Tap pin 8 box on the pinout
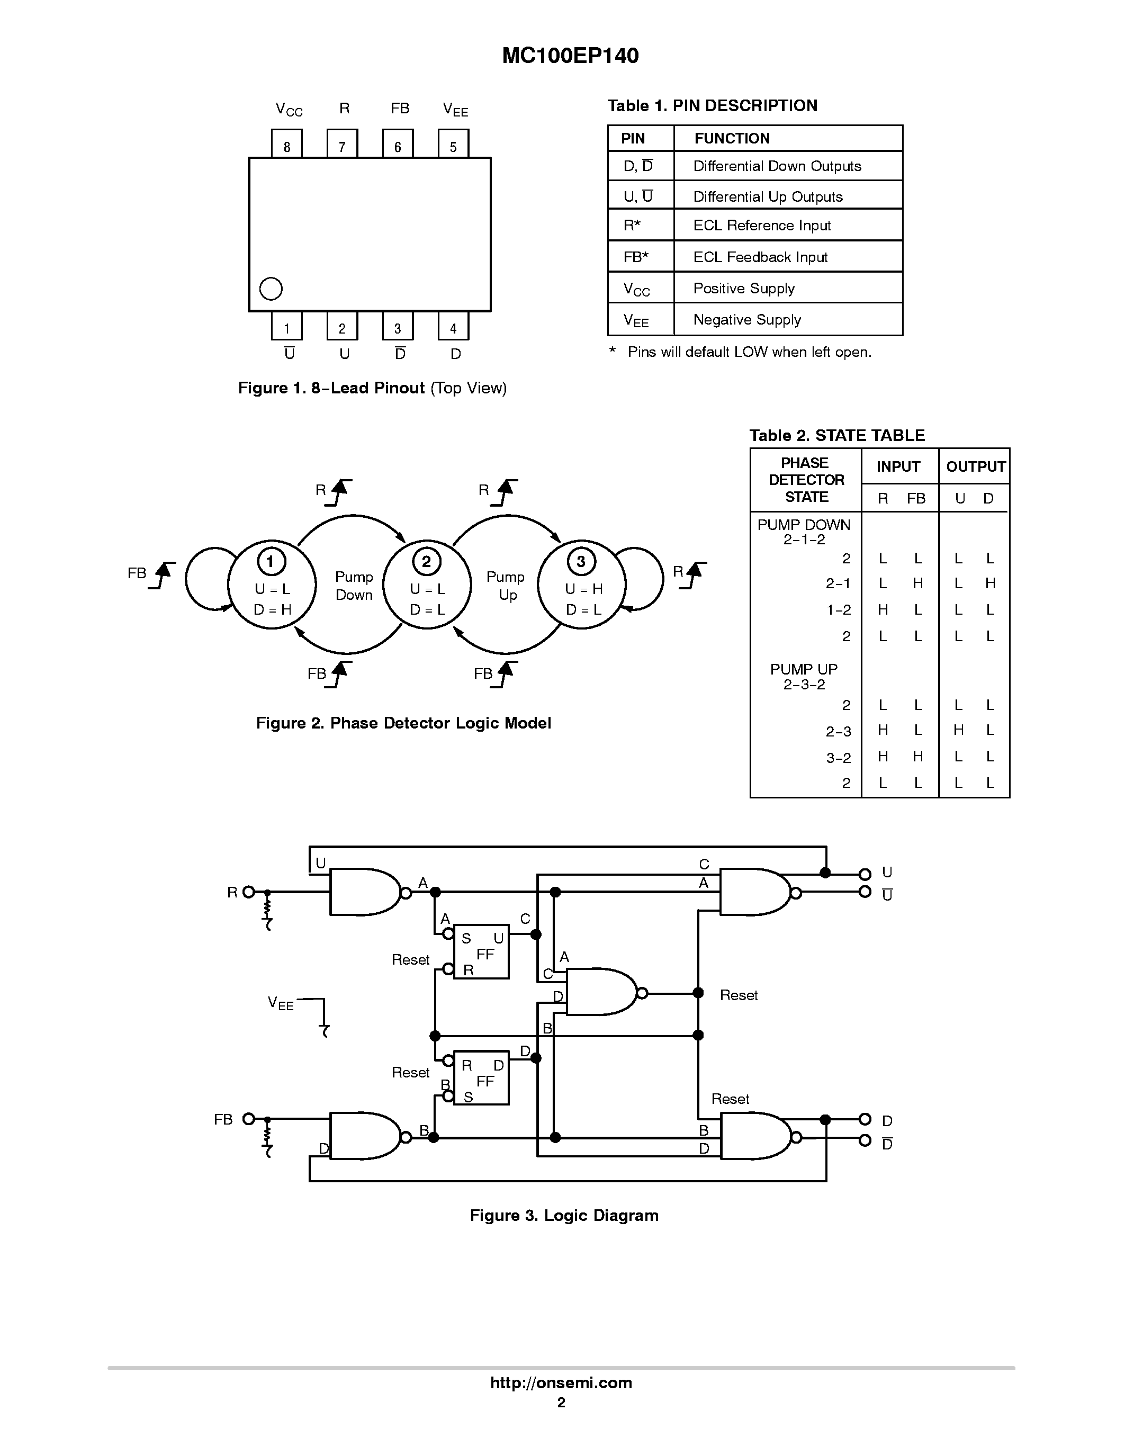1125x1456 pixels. [x=286, y=144]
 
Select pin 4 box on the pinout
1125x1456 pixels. [x=453, y=326]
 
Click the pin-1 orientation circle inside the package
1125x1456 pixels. [x=271, y=289]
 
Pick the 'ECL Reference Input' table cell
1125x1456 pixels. [x=762, y=226]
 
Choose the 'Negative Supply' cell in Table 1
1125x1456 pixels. [x=746, y=319]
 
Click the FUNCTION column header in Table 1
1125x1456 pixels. [x=732, y=138]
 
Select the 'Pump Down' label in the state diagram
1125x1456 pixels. [x=354, y=586]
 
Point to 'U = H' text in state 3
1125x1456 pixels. [x=584, y=589]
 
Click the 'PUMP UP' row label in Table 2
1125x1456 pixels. [x=804, y=669]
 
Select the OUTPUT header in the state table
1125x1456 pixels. [x=975, y=466]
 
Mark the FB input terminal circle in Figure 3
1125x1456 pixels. [x=249, y=1119]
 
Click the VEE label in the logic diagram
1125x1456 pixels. [x=281, y=1003]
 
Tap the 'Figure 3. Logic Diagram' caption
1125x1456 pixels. [x=564, y=1215]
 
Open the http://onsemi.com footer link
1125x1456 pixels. [x=561, y=1382]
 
